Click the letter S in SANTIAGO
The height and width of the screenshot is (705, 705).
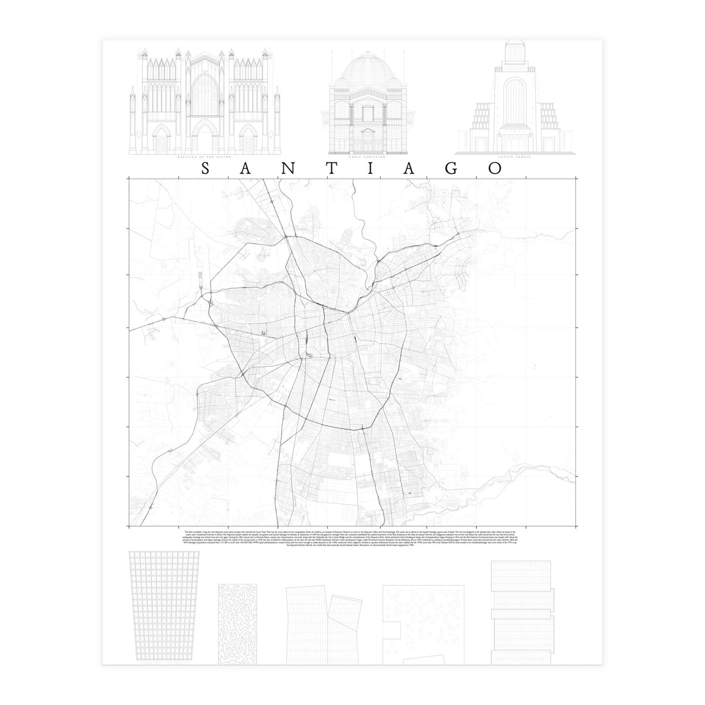pyautogui.click(x=206, y=169)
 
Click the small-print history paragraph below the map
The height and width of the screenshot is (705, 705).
pyautogui.click(x=352, y=538)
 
